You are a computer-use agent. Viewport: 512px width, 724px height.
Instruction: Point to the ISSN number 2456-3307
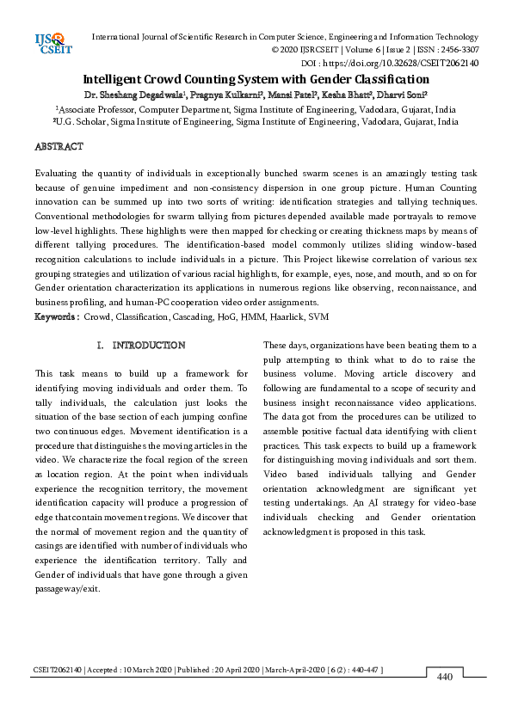click(454, 51)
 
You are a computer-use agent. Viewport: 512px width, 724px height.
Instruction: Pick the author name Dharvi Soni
click(407, 95)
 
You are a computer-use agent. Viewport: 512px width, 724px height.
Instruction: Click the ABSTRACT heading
click(59, 147)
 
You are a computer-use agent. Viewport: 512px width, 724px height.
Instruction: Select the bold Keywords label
click(56, 317)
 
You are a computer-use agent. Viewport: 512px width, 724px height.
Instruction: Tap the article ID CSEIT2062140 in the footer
click(58, 669)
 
